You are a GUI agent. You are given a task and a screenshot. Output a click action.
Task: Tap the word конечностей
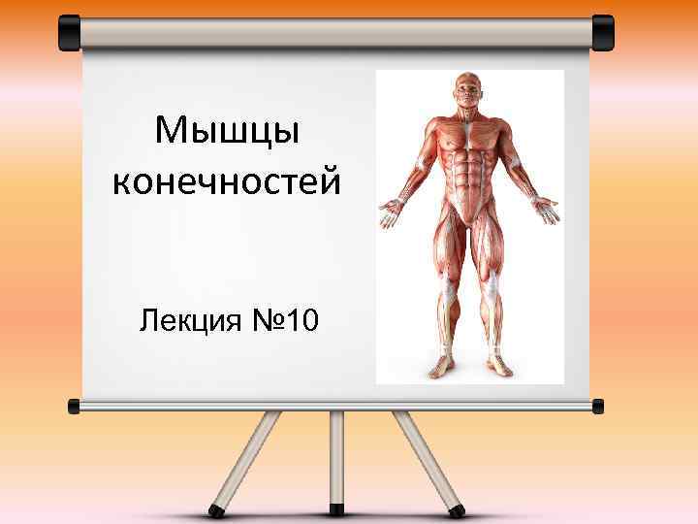pyautogui.click(x=227, y=181)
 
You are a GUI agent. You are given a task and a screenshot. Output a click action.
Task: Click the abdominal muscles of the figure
pyautogui.click(x=470, y=175)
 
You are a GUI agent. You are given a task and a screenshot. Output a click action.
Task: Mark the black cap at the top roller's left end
pyautogui.click(x=70, y=32)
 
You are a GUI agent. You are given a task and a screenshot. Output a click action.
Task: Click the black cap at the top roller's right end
pyautogui.click(x=603, y=32)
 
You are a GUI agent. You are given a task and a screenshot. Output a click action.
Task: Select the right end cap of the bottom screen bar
pyautogui.click(x=598, y=405)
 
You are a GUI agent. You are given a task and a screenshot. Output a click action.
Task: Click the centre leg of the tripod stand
pyautogui.click(x=336, y=456)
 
